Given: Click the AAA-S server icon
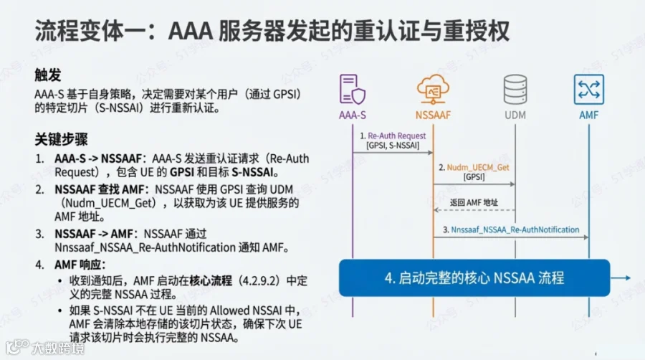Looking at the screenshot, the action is (x=353, y=89).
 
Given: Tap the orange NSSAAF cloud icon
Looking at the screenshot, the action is (x=433, y=89).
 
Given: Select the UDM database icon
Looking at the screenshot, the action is (x=515, y=89).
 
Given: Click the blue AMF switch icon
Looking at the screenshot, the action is (x=588, y=89).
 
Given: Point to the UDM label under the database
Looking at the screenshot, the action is (x=515, y=115).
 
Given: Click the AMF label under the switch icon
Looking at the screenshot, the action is (x=588, y=115).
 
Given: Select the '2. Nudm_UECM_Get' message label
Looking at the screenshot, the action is (x=474, y=167).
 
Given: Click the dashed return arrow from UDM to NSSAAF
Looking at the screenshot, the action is (x=474, y=210).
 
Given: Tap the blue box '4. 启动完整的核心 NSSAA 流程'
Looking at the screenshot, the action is (x=474, y=278).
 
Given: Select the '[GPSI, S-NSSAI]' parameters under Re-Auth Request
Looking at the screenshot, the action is (x=393, y=146).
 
